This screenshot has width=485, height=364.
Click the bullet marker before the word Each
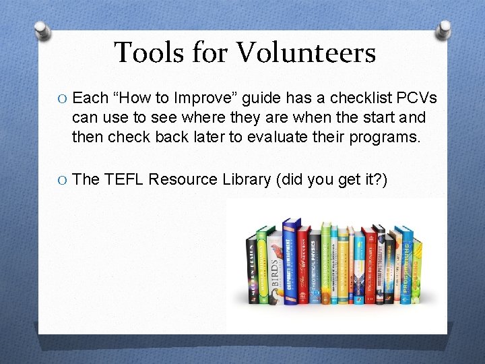pos(62,98)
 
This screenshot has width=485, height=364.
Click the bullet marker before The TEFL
pos(62,180)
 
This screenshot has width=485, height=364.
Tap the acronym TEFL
pos(123,179)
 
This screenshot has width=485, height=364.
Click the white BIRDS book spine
pos(275,270)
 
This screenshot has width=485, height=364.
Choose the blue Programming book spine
pos(406,266)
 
